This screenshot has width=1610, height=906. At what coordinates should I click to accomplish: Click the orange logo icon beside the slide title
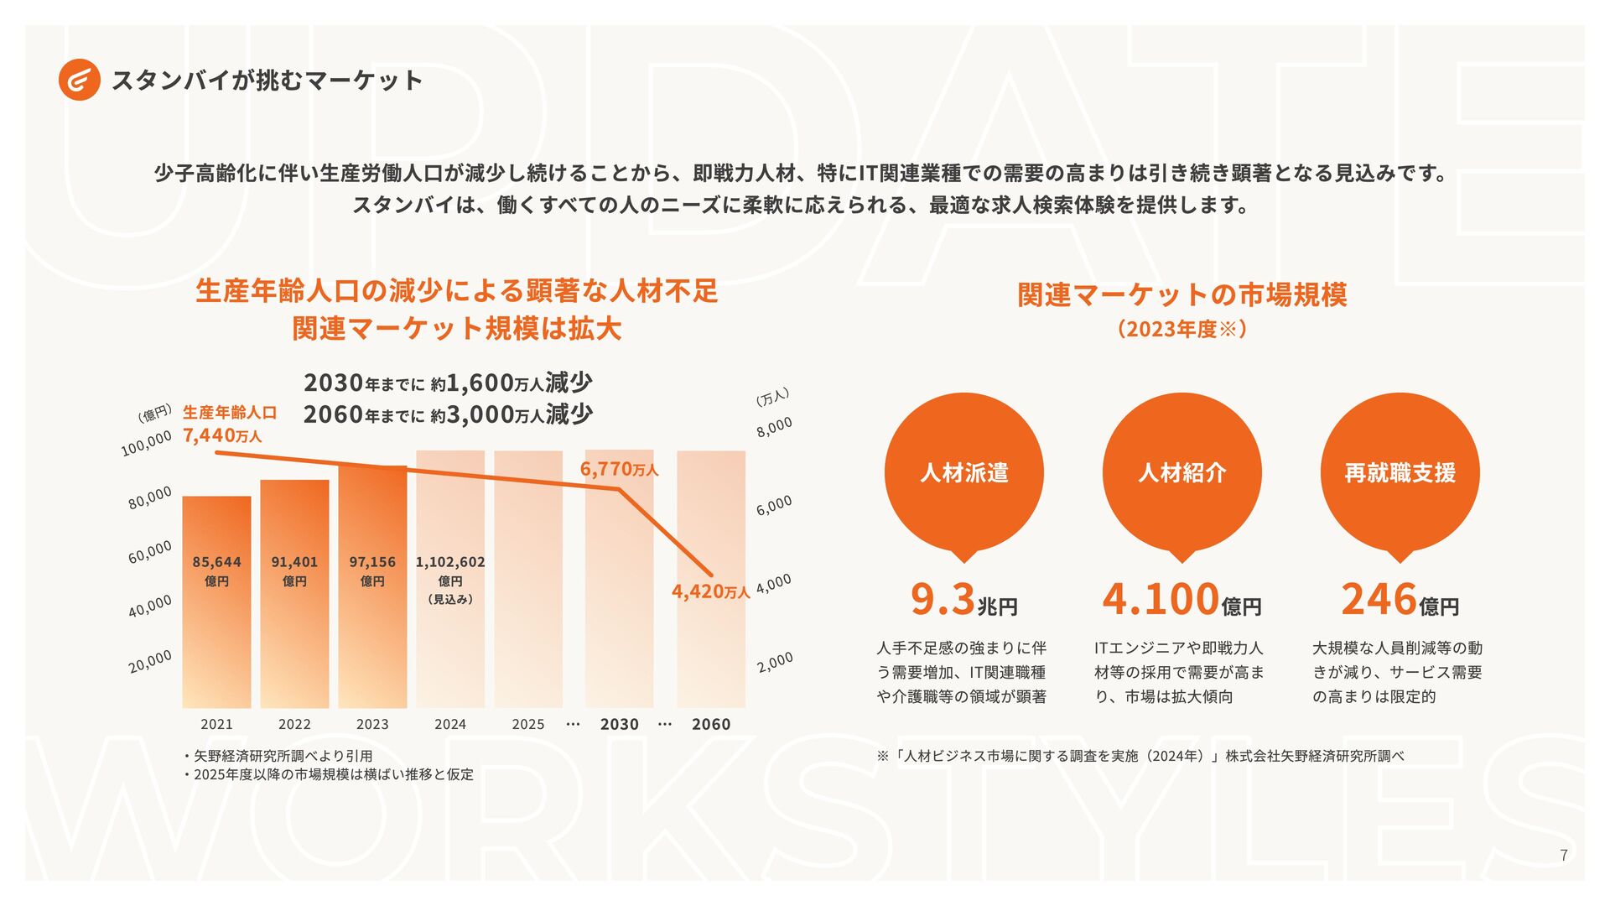click(80, 81)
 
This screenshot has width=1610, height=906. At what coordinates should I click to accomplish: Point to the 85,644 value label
click(216, 562)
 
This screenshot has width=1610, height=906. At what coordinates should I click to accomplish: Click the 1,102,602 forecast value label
click(450, 562)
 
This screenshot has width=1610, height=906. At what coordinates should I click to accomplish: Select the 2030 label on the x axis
click(620, 724)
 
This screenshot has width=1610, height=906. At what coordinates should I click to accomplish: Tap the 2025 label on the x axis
click(528, 724)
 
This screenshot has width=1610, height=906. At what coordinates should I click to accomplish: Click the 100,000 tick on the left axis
click(146, 443)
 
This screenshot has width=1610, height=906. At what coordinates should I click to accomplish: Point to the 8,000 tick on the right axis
click(774, 426)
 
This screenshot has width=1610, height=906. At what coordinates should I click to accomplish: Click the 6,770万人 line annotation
click(619, 469)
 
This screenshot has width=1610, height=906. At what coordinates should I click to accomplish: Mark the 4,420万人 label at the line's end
click(710, 591)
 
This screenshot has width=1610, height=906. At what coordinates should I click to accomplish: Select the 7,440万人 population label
click(222, 435)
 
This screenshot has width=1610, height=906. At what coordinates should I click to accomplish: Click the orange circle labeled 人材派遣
click(964, 472)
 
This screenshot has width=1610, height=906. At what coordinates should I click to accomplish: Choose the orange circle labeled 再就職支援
click(1400, 472)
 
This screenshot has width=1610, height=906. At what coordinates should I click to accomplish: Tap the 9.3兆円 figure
click(964, 600)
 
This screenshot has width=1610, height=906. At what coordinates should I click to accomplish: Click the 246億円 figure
click(1400, 600)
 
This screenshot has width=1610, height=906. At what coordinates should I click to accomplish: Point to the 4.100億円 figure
click(1182, 600)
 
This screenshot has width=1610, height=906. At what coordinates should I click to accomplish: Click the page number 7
click(1563, 856)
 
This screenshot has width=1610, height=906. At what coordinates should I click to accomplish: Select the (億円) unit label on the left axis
click(154, 414)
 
